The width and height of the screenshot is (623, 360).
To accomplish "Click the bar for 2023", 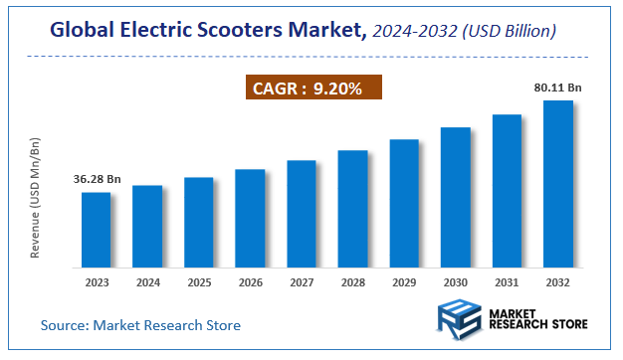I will point(96,230).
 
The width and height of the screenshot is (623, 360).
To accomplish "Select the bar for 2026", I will point(250,218).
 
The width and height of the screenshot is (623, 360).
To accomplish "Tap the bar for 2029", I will point(404,203).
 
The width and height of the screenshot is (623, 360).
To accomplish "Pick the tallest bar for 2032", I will point(557,184).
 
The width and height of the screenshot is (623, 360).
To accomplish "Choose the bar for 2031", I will point(507,191).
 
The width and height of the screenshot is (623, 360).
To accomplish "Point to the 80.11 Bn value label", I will point(557,88).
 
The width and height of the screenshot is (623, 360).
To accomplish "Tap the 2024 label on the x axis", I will point(147,281).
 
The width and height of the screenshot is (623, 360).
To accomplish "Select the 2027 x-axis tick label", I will point(302,281).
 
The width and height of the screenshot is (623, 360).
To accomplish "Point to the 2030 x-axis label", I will point(455,281).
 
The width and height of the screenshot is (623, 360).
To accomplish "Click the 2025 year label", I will point(199,281).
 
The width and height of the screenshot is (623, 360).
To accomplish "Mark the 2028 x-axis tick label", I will point(352,281).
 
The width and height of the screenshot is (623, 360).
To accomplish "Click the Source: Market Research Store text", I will point(140,325).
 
